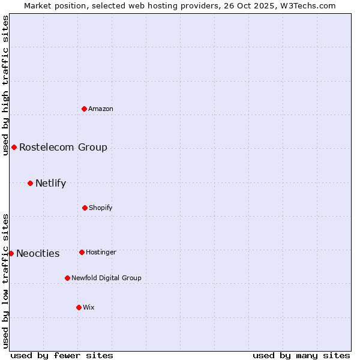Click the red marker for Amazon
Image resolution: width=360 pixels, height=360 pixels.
point(85,109)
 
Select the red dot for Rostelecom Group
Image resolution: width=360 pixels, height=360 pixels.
point(14,147)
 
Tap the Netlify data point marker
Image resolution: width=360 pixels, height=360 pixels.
point(30,183)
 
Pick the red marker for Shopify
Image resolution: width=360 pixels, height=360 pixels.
point(85,208)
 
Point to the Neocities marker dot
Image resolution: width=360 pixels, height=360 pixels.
point(11,253)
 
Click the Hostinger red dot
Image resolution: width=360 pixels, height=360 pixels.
point(82,252)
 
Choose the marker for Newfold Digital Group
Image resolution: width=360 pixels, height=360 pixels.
point(67,278)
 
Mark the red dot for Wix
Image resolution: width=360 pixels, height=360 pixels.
point(79,307)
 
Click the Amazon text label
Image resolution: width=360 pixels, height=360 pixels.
point(101,109)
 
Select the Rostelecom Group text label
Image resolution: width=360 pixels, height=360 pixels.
point(63,147)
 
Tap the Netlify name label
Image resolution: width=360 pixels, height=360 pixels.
point(50,183)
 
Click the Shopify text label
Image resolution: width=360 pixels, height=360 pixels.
point(101,208)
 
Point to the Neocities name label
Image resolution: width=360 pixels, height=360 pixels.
point(38,253)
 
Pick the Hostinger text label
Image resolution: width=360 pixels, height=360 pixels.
point(101,252)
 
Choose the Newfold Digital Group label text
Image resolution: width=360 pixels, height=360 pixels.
point(106,278)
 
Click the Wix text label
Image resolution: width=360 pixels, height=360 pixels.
point(89,307)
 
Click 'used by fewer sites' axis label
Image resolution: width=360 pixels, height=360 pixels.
point(62,355)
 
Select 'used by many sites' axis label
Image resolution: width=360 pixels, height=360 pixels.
point(301,355)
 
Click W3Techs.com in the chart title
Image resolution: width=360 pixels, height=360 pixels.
point(305,5)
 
